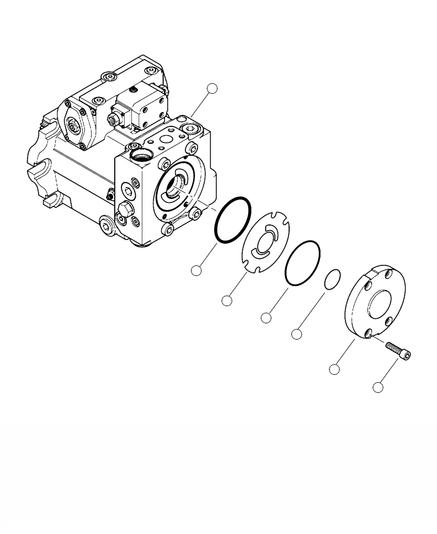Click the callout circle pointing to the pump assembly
pos(212,89)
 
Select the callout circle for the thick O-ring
pos(196,270)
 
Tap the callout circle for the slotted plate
pos(226,301)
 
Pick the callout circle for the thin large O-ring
pos(266,318)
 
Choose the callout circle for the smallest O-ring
pos(297,334)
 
